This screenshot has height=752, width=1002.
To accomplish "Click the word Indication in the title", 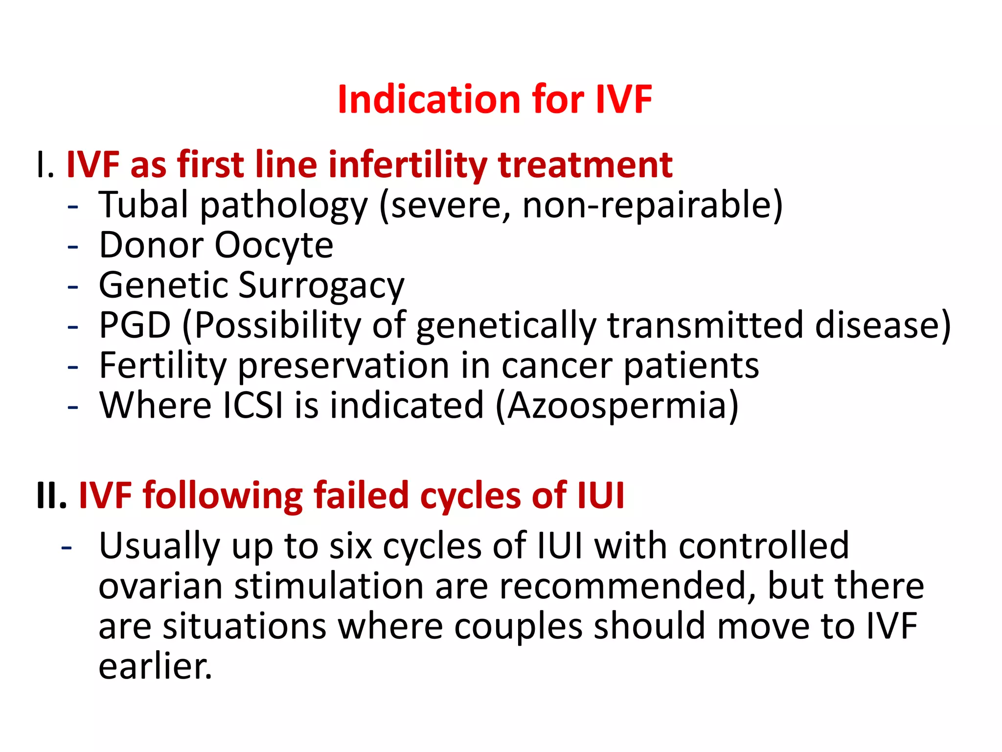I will point(430,99).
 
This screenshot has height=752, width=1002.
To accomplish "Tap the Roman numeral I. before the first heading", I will point(45,165).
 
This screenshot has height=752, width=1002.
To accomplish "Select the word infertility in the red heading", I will point(407,165).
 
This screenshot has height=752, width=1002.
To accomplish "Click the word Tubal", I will point(143,204).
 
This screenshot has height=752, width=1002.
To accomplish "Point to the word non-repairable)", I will point(652,205).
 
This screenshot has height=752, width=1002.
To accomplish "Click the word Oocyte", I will point(274,245).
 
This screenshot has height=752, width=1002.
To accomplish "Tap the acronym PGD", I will point(135,325).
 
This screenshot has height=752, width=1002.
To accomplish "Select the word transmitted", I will point(705,325).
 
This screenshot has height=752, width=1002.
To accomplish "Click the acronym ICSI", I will point(253,405).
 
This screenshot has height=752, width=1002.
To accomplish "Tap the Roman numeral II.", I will point(51,495).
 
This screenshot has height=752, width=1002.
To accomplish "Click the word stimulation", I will point(329,586).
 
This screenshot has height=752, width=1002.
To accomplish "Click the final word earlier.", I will point(155,666).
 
